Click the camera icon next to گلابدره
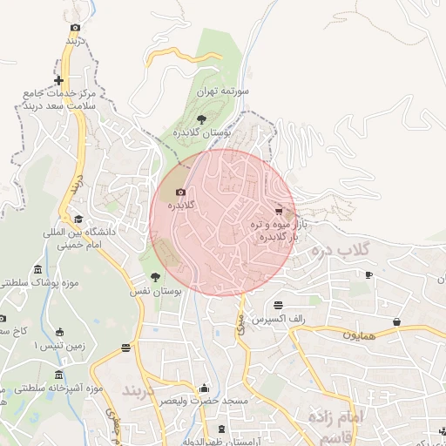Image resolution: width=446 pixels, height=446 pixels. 180,192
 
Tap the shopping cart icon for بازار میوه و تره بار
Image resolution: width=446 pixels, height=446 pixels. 279,211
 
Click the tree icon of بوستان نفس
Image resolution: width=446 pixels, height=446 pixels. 155,277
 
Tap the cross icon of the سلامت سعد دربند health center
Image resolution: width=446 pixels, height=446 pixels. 58,80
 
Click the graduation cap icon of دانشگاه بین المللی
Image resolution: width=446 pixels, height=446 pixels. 78,220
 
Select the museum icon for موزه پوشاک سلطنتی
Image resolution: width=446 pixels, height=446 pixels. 37,270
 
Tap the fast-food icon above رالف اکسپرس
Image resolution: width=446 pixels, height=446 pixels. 278,306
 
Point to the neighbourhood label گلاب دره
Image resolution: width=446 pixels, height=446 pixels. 340,251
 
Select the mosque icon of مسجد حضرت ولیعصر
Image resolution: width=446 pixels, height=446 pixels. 204,389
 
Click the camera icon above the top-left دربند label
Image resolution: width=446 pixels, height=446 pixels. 76,27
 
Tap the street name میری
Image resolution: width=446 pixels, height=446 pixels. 240,324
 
